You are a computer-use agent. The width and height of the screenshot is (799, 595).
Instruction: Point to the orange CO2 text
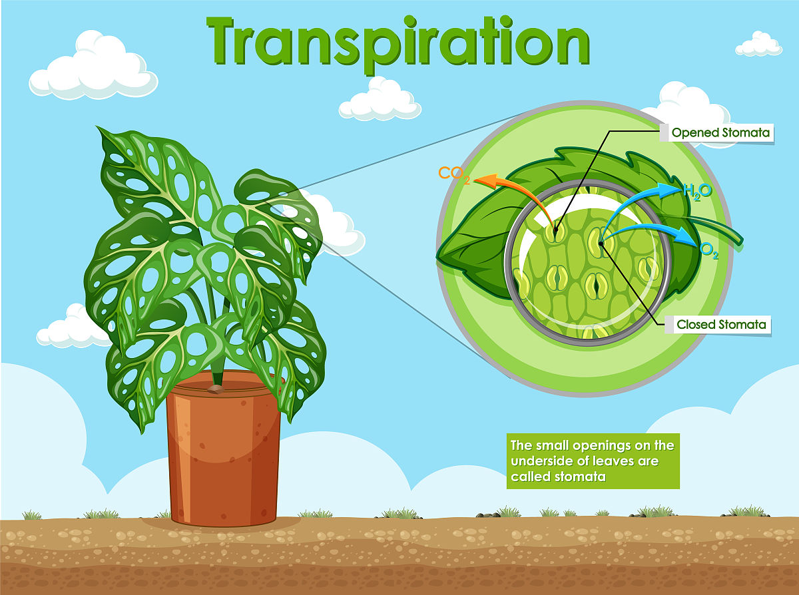click(451, 175)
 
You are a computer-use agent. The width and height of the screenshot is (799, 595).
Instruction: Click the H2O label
click(698, 192)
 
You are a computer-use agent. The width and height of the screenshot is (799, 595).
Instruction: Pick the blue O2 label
click(710, 252)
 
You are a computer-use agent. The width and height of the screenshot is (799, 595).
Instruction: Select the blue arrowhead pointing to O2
click(689, 238)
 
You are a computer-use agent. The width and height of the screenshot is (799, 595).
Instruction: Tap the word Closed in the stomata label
click(696, 325)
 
